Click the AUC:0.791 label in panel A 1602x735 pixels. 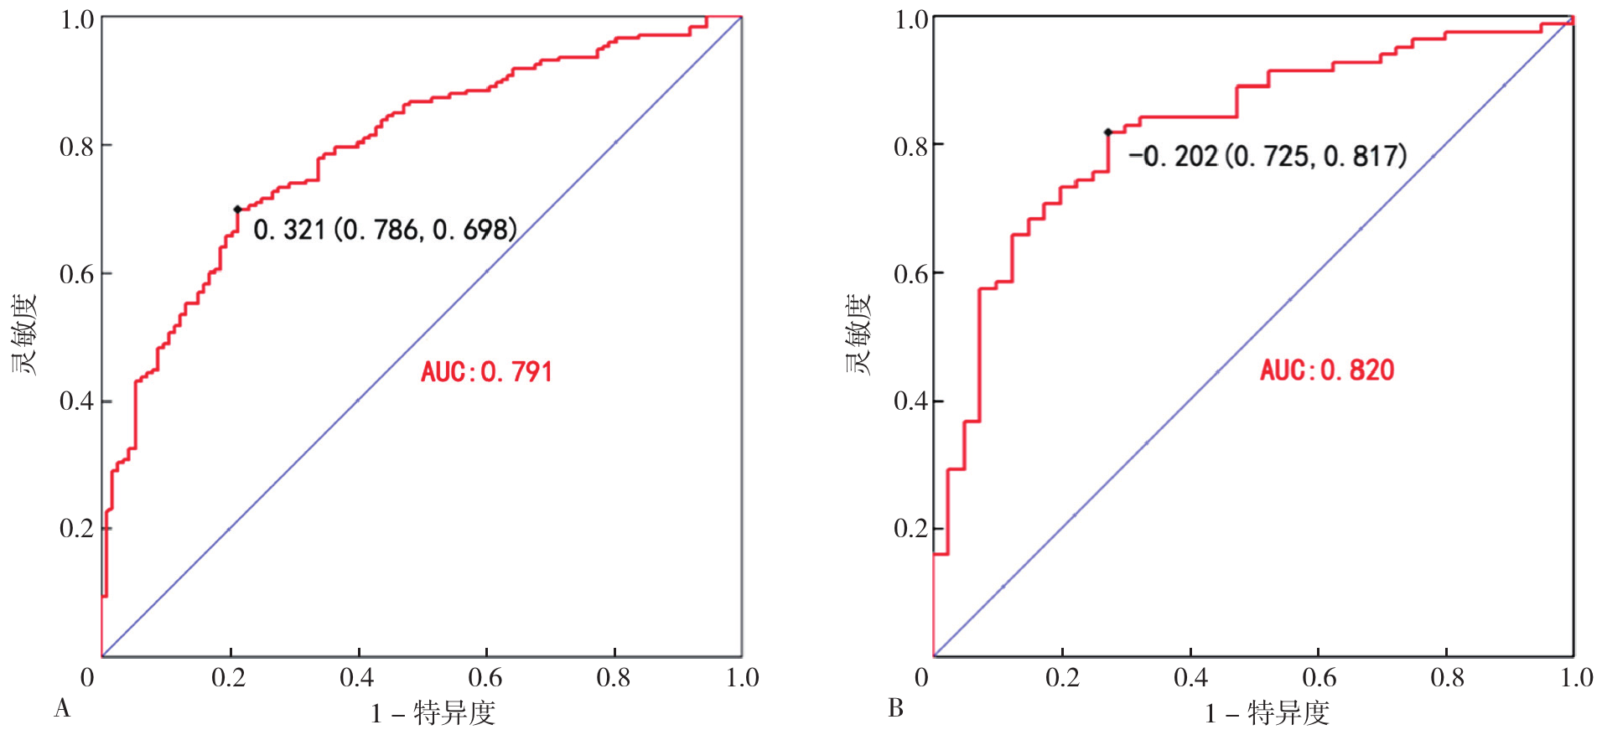486,371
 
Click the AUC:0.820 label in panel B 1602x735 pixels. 1326,370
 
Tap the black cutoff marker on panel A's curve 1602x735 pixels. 237,210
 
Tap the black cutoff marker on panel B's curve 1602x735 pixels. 1108,132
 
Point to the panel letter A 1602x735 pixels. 62,709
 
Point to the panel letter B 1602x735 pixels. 895,709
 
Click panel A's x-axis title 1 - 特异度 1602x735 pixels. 433,713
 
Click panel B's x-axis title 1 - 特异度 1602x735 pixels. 1267,713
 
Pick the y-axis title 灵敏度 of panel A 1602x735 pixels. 24,334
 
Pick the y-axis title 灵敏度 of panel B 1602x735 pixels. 858,334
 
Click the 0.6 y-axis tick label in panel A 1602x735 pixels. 76,274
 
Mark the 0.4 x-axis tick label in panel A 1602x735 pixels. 357,677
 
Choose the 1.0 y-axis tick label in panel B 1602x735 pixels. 911,19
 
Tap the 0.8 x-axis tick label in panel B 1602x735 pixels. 1448,677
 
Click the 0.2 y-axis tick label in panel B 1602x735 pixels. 911,528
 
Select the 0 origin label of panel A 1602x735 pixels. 87,677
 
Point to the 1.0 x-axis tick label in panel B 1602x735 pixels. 1576,677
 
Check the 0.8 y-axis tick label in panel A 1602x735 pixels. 76,147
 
